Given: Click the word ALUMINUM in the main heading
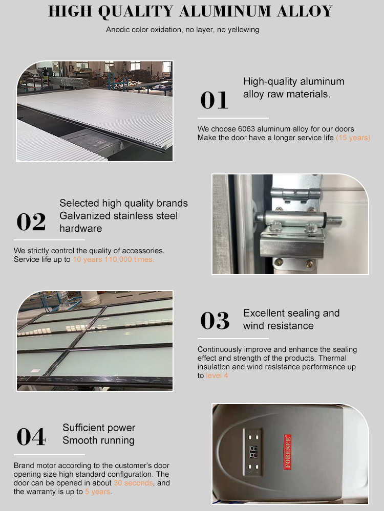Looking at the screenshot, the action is pyautogui.click(x=225, y=12).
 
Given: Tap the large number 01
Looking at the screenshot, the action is pyautogui.click(x=214, y=100).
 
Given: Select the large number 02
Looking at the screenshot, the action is pyautogui.click(x=31, y=222).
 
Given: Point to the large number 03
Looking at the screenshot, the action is pyautogui.click(x=215, y=320).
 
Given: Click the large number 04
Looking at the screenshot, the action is pyautogui.click(x=31, y=437).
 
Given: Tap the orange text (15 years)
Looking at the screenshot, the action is pyautogui.click(x=353, y=138).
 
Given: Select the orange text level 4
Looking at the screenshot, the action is pyautogui.click(x=217, y=375).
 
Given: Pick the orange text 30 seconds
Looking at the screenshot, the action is pyautogui.click(x=133, y=483).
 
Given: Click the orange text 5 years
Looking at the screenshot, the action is pyautogui.click(x=98, y=492).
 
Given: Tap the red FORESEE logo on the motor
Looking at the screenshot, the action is pyautogui.click(x=287, y=452).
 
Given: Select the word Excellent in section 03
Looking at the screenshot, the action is pyautogui.click(x=264, y=313).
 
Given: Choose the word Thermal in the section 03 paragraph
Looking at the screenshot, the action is pyautogui.click(x=332, y=358).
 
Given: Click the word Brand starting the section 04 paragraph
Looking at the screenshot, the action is pyautogui.click(x=24, y=465).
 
